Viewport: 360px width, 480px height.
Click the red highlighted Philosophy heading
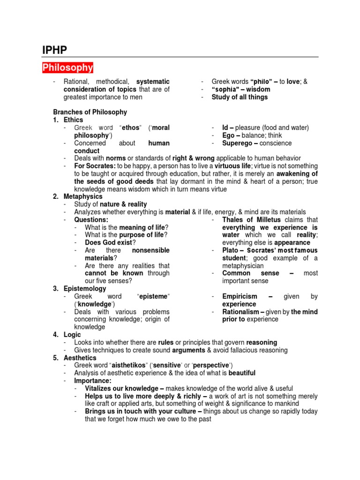(x=68, y=68)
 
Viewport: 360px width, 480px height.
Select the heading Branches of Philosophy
(x=90, y=112)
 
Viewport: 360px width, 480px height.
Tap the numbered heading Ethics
(x=73, y=120)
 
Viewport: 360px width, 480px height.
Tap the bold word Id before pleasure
(x=225, y=127)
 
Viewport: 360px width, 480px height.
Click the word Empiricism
(x=240, y=296)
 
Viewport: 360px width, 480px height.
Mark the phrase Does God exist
(x=110, y=243)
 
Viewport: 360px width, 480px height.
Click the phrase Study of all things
(x=240, y=97)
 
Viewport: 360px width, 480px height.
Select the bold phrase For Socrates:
(x=95, y=166)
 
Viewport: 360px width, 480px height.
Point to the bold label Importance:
(x=93, y=381)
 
